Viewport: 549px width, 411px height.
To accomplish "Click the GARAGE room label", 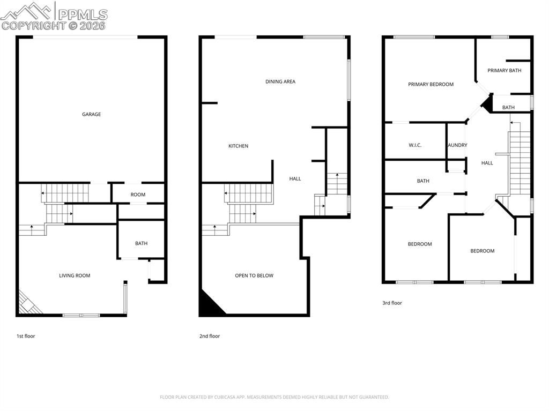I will (91, 114).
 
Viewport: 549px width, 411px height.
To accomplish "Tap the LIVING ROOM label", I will (75, 275).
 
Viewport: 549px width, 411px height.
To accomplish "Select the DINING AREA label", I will (280, 81).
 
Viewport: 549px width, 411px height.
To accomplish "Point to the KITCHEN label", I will (238, 146).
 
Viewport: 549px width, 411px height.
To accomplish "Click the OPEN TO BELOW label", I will (254, 275).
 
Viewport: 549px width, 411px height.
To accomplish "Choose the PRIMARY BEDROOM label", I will (431, 84).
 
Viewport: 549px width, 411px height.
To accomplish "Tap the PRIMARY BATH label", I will (504, 70).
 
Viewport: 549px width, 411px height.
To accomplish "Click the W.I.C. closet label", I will (415, 145).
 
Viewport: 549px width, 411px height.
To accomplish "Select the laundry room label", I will (458, 145).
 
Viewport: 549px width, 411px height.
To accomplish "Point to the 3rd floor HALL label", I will (487, 163).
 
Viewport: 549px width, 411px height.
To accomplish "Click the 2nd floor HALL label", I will (295, 178).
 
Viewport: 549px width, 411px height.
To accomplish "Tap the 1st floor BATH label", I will (141, 243).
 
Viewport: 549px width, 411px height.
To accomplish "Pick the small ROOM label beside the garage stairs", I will (138, 195).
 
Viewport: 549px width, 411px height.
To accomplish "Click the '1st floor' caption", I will (26, 336).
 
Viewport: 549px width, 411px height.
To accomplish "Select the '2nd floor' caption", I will (209, 336).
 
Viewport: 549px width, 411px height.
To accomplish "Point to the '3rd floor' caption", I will (392, 303).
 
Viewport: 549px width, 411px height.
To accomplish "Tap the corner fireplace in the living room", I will (28, 303).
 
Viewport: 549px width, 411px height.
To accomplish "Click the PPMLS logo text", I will (83, 14).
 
